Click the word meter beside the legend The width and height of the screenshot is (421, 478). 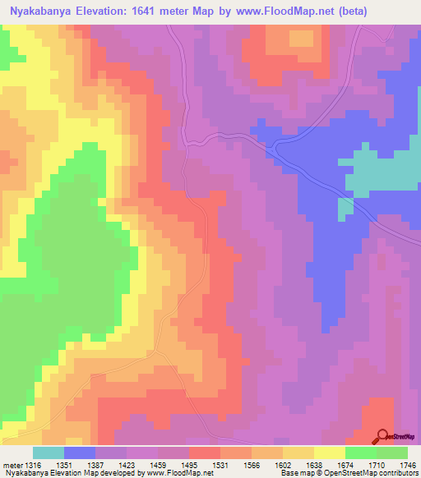[11, 465]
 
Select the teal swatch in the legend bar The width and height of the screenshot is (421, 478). [49, 453]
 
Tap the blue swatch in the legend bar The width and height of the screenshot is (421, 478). [80, 453]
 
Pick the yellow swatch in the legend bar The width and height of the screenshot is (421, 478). [329, 453]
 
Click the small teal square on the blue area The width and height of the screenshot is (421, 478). [346, 209]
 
